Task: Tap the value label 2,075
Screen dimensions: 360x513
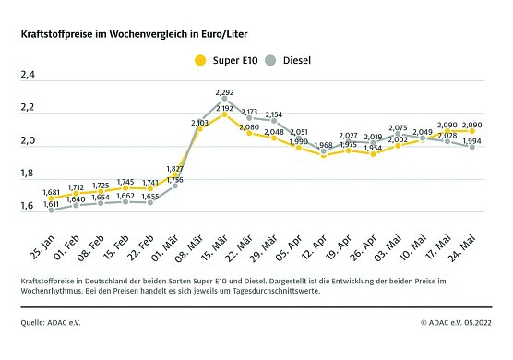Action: pyautogui.click(x=398, y=128)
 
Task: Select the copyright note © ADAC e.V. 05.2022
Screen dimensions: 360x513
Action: pyautogui.click(x=456, y=322)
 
